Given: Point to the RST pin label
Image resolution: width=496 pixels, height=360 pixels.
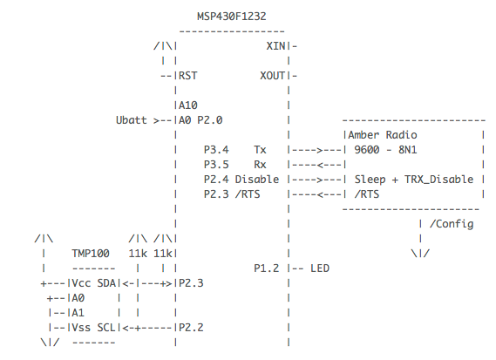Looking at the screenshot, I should pos(187,75).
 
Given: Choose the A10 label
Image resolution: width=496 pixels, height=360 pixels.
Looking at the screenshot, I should pos(187,105).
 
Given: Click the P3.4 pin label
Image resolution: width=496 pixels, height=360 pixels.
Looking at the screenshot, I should pos(215,150).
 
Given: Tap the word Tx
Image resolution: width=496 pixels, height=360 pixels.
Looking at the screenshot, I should pos(261,150).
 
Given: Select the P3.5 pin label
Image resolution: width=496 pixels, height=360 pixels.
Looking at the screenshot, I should pos(215,164).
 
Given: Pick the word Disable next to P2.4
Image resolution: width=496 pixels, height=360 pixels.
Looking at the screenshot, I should pos(257,179).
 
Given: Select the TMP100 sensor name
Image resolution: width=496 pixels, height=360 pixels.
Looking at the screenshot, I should pos(91,254).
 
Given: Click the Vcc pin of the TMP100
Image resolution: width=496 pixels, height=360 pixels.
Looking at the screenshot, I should pos(83,283).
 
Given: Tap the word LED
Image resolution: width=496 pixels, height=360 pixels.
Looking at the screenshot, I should pos(319,268).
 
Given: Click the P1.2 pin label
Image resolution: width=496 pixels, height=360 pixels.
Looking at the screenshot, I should pos(266,268).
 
